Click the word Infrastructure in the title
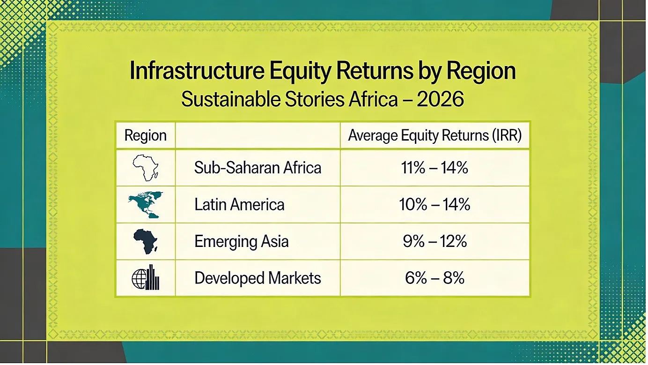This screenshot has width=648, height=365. [x=197, y=71]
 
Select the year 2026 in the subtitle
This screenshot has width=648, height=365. [x=440, y=99]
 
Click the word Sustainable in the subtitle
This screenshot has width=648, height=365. [x=231, y=99]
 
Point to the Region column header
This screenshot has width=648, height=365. [x=146, y=135]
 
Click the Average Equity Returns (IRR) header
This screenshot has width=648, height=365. [x=435, y=135]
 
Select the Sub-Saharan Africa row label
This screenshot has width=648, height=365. [x=258, y=168]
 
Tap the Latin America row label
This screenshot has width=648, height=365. [x=240, y=204]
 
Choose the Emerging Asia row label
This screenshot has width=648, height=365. [x=242, y=241]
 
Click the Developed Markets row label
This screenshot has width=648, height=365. [x=258, y=278]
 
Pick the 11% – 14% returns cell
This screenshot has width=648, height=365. [x=434, y=168]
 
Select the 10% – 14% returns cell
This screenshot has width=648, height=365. [x=434, y=204]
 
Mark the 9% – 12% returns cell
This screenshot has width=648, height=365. [x=434, y=241]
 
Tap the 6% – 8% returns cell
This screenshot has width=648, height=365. [x=434, y=278]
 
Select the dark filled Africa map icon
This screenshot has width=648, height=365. [x=146, y=241]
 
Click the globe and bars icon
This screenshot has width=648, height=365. [x=146, y=277]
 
